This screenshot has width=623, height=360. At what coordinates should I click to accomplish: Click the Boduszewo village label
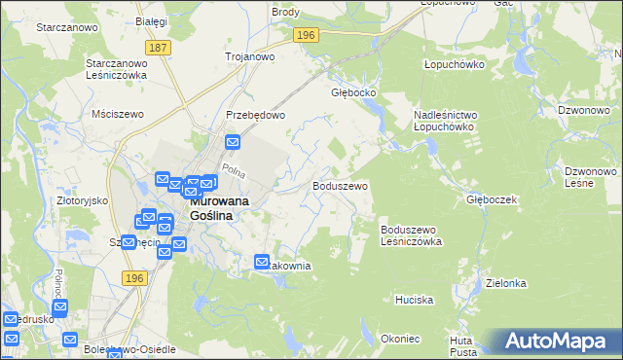[340, 185]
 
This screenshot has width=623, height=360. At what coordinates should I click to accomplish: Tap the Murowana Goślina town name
[209, 208]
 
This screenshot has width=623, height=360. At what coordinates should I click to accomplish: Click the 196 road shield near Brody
[307, 35]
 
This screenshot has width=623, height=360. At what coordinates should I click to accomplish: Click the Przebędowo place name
[255, 114]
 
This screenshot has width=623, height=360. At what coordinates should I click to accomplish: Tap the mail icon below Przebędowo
[233, 142]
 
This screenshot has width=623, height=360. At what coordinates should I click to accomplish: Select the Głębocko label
[353, 93]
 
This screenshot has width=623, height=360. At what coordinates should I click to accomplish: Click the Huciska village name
[414, 300]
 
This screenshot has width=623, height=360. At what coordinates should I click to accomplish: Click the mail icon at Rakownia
[262, 261]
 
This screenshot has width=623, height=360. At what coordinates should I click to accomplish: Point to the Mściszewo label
[117, 114]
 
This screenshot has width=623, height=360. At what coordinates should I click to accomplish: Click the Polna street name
[232, 170]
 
